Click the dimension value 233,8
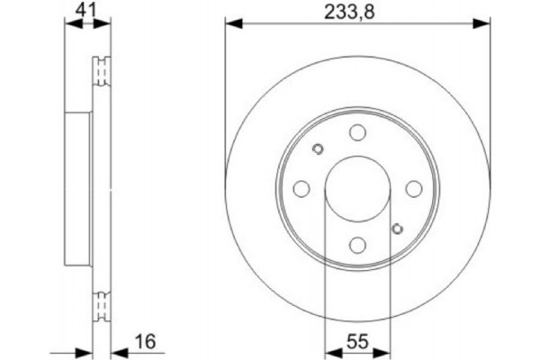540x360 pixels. click(x=357, y=12)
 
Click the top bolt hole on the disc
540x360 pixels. click(x=357, y=133)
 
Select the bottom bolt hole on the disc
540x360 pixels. click(x=357, y=244)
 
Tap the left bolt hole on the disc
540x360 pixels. click(x=301, y=189)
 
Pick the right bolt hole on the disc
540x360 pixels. click(x=413, y=189)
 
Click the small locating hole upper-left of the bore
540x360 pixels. click(x=317, y=150)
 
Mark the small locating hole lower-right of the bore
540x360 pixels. click(x=397, y=228)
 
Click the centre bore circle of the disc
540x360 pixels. click(x=357, y=189)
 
